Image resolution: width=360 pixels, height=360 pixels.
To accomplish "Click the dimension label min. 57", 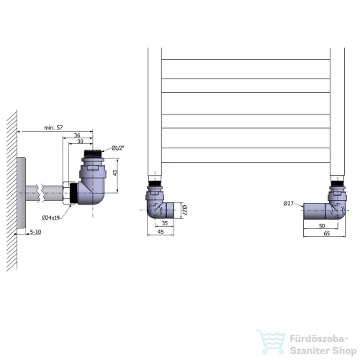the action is point(53,127).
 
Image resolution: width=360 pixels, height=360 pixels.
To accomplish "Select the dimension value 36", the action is point(77,135).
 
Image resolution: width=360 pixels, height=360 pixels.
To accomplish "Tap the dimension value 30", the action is point(80,141).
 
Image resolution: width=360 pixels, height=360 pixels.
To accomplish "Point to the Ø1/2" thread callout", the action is point(118,148).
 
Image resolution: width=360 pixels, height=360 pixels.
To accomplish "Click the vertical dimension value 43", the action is point(115,173).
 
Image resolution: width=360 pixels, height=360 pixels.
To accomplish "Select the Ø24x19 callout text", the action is point(50,217).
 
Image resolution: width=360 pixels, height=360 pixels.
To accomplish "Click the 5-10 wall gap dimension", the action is point(35,232).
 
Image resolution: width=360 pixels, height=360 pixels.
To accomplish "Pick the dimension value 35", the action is point(165,223).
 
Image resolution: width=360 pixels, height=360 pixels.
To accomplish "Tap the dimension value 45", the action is point(161,232).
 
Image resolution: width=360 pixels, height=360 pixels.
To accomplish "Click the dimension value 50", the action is point(322,226).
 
